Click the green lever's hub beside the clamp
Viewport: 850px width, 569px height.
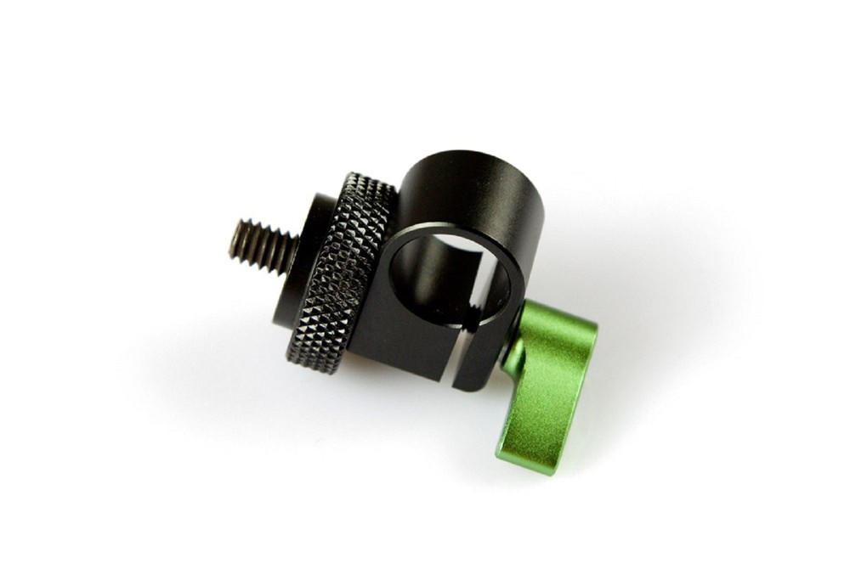point(514,348)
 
